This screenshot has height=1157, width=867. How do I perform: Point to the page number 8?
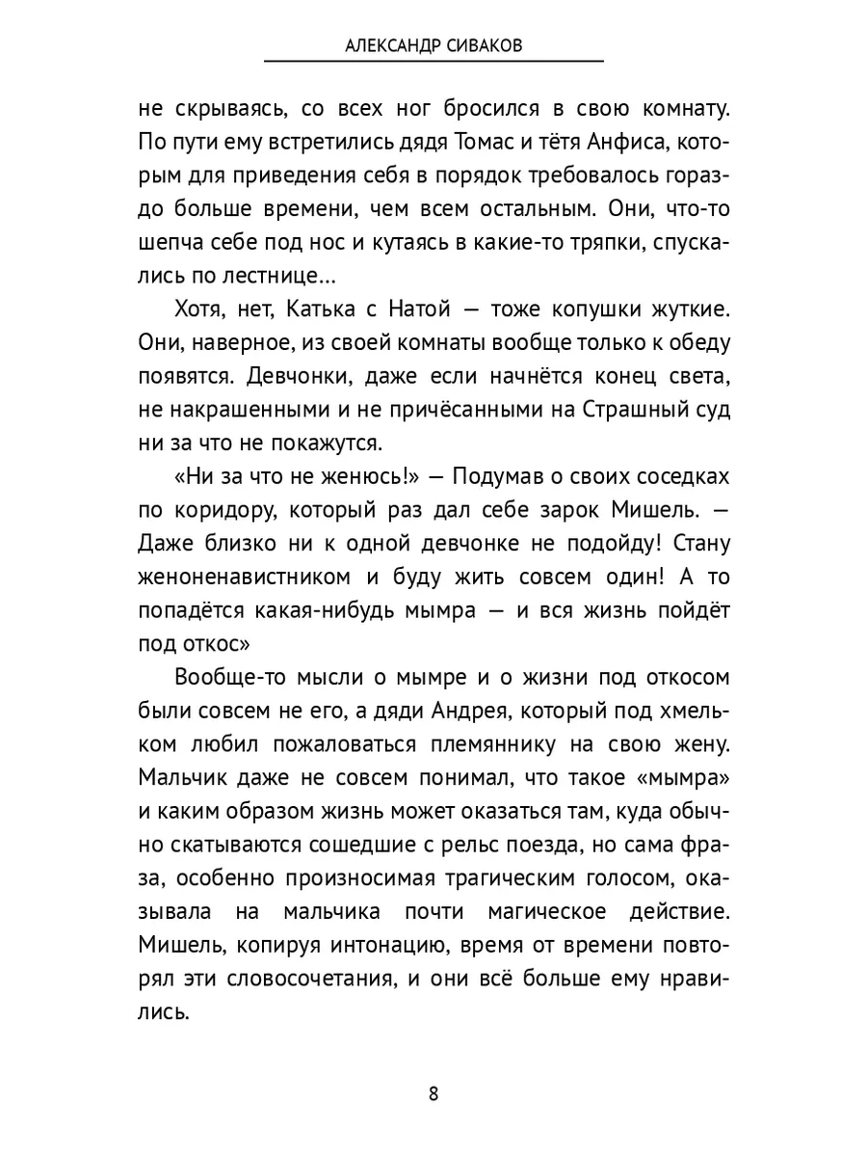click(433, 1093)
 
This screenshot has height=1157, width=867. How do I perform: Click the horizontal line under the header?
click(433, 62)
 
